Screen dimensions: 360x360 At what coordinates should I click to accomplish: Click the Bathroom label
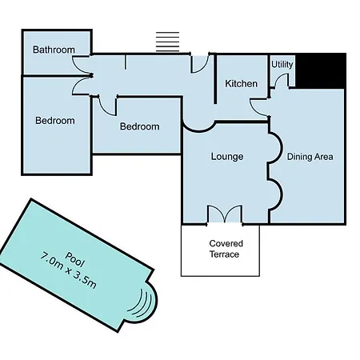(54, 50)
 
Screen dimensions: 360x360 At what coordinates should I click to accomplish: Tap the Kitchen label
(242, 84)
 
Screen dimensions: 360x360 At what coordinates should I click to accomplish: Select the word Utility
(282, 64)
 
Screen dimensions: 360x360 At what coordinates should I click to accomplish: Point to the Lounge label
(227, 156)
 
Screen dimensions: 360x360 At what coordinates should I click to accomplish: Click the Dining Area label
(310, 157)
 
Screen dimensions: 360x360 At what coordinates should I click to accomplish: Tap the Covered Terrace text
(226, 249)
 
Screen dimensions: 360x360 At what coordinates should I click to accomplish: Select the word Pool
(75, 259)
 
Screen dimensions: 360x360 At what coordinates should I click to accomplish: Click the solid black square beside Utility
(321, 71)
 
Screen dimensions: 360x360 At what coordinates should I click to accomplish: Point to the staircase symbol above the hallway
(167, 42)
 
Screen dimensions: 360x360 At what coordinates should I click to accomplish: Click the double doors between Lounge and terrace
(225, 214)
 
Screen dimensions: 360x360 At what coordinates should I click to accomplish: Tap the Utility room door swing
(281, 80)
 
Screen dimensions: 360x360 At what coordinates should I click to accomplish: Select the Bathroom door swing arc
(81, 66)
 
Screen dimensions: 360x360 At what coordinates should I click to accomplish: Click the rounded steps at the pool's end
(146, 303)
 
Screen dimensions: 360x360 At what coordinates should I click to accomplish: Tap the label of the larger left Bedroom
(55, 121)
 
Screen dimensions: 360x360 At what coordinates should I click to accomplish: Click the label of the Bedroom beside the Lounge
(140, 126)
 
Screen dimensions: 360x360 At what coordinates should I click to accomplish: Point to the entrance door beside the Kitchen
(199, 63)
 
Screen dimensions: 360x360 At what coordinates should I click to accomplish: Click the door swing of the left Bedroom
(81, 86)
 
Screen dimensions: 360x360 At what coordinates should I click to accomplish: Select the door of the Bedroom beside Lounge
(107, 106)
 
